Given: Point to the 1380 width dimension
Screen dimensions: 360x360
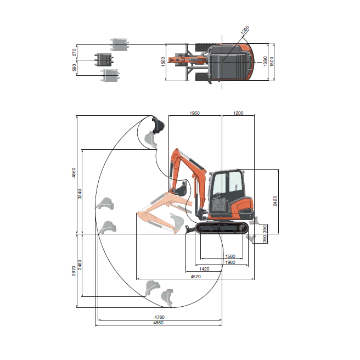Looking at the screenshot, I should pyautogui.click(x=266, y=61).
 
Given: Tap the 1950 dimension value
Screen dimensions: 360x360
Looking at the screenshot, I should pyautogui.click(x=194, y=113).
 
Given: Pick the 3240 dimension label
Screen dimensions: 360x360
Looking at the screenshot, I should pyautogui.click(x=80, y=193).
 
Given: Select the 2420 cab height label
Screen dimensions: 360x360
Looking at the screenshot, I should pyautogui.click(x=275, y=200).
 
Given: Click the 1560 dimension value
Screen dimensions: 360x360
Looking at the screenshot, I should pyautogui.click(x=231, y=256).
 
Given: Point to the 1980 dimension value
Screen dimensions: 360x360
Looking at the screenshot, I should pyautogui.click(x=231, y=262).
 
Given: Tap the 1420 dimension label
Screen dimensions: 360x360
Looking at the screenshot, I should pyautogui.click(x=204, y=269).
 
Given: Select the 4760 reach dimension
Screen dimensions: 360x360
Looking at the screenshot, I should pyautogui.click(x=159, y=317).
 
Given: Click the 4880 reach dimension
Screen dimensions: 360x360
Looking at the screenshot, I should pyautogui.click(x=159, y=323).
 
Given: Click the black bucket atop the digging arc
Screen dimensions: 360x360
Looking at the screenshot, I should pyautogui.click(x=157, y=125).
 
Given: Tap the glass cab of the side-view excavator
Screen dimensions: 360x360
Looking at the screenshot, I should pyautogui.click(x=226, y=189).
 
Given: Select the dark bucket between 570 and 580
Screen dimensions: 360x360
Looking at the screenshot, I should pyautogui.click(x=103, y=60).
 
